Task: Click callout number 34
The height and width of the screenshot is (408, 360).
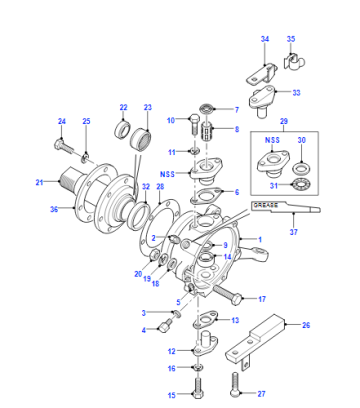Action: point(265,39)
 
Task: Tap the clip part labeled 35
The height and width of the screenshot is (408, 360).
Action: point(294,62)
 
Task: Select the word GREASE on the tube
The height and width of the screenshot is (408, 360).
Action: point(264,205)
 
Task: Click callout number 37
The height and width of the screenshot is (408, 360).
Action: point(293,231)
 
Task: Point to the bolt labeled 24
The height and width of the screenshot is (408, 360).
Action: point(65,147)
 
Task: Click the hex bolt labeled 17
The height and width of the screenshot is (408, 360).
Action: point(227,294)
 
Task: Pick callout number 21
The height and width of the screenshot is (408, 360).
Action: point(39,182)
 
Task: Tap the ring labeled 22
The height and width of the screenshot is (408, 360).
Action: point(122,129)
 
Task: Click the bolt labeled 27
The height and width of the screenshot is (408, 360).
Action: point(235,385)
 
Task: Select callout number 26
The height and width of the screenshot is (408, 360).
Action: point(306,325)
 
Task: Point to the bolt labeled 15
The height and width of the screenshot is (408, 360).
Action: point(197,386)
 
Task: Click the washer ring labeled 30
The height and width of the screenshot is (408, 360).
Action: point(301,168)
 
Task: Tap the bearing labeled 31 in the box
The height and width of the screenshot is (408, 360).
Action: point(301,184)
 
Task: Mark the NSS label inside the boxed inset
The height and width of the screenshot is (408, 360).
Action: point(272,140)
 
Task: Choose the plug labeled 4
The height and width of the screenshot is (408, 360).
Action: point(166,326)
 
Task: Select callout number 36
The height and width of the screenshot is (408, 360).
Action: point(54,209)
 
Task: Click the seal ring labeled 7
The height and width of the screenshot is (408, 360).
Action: point(208,109)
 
